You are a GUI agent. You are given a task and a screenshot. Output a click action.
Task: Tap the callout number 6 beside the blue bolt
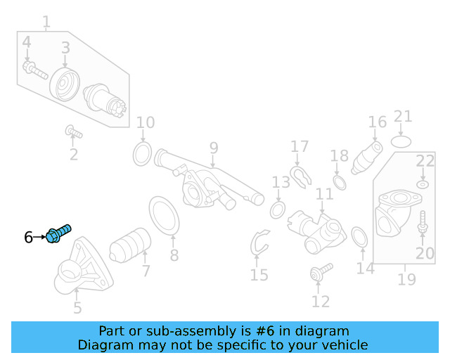29,238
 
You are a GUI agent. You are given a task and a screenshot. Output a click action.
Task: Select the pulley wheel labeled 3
65,85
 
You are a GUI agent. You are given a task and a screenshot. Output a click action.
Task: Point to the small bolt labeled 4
34,70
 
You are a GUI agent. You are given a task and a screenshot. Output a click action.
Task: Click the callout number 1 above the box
46,23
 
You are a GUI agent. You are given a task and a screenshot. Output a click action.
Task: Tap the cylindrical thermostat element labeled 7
131,246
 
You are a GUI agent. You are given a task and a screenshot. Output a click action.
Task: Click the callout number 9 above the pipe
213,148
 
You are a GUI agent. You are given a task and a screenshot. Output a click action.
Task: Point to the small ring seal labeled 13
277,210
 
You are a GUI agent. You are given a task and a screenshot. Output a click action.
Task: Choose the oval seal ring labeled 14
359,238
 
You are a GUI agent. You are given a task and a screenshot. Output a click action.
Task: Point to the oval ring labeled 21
401,141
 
